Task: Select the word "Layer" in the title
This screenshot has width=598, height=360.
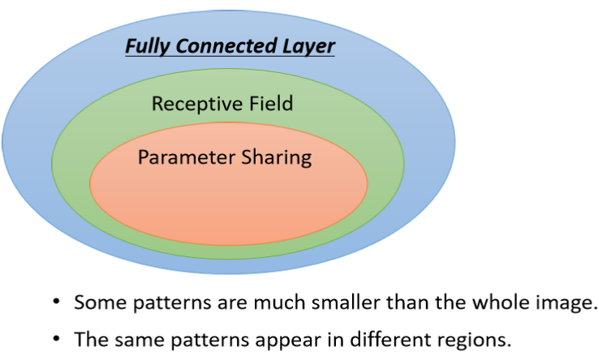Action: click(309, 46)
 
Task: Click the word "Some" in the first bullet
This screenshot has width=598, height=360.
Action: click(97, 303)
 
